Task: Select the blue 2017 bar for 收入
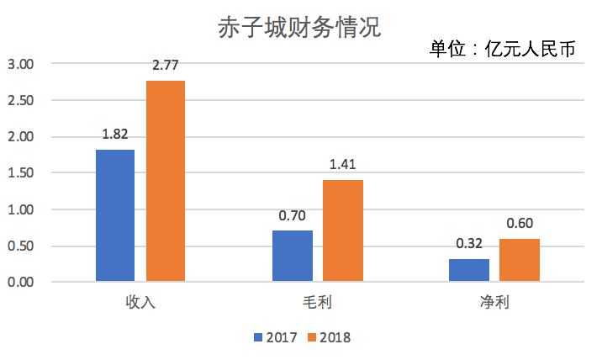coord(115,214)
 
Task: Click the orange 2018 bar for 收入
coord(166,180)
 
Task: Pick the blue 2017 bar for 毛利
coord(293,255)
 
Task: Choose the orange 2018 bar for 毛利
coord(343,230)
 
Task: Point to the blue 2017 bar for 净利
coord(469,269)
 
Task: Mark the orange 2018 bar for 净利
coord(520,259)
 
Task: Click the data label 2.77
coord(166,64)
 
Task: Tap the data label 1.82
coord(115,133)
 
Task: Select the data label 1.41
coord(343,163)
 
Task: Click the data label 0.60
coord(520,223)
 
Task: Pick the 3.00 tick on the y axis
coord(20,64)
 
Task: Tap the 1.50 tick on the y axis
coord(20,173)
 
